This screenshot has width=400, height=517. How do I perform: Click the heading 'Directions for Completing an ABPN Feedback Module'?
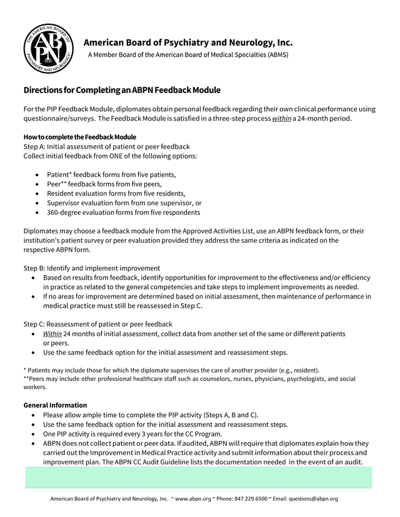pos(122,91)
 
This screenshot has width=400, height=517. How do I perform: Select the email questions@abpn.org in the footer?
pos(311,499)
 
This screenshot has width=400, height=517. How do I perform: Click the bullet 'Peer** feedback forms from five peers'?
pos(104,184)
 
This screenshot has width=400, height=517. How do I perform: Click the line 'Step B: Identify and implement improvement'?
pos(92,268)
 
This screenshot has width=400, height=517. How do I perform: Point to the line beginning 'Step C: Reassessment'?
pos(97,324)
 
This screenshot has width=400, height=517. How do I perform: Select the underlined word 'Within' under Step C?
pos(52,333)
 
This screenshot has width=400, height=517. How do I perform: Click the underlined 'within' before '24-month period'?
pos(282,119)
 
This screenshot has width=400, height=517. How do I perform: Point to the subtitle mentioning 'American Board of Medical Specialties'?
pos(187,55)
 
